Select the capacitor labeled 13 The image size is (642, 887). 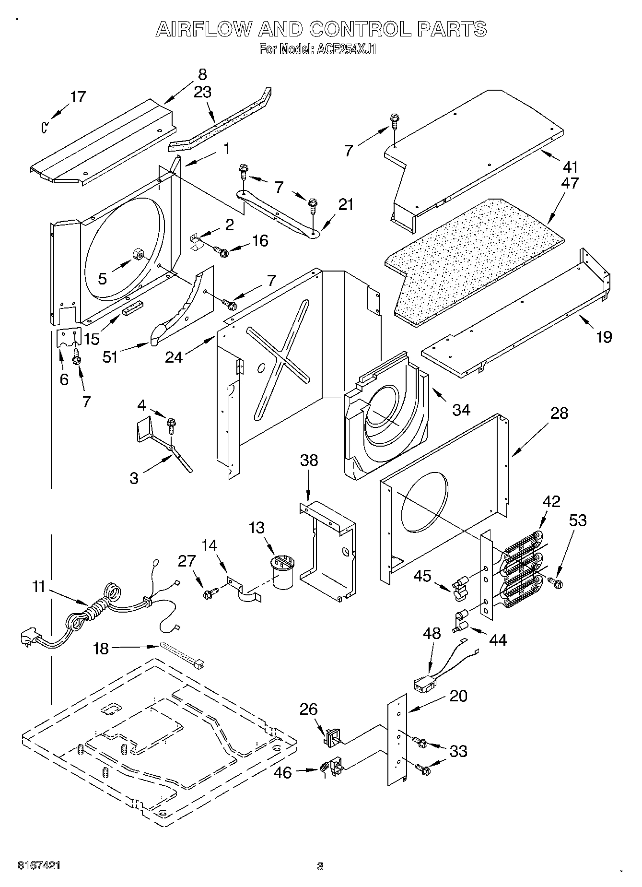tap(283, 571)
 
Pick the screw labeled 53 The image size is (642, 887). tap(558, 583)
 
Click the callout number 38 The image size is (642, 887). tap(309, 460)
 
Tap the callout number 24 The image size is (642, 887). tap(174, 357)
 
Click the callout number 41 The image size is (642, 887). tap(571, 167)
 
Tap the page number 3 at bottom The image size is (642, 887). tap(320, 866)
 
